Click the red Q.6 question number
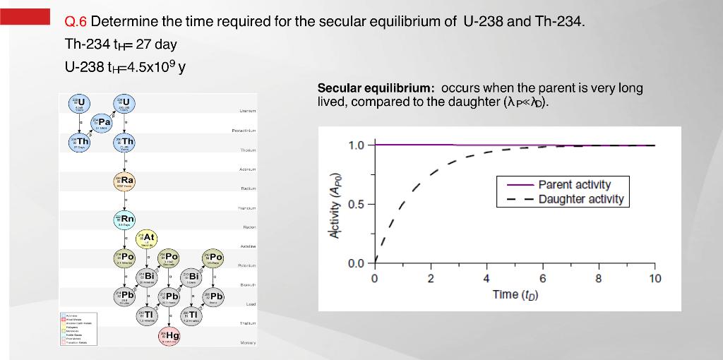pyautogui.click(x=76, y=21)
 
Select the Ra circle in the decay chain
pyautogui.click(x=125, y=181)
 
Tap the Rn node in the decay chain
pyautogui.click(x=125, y=220)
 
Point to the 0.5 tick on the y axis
pyautogui.click(x=357, y=205)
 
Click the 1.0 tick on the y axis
pyautogui.click(x=357, y=145)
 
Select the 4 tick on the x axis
pyautogui.click(x=486, y=278)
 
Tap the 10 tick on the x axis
pyautogui.click(x=654, y=278)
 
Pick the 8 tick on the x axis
pyautogui.click(x=598, y=278)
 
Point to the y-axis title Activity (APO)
pyautogui.click(x=335, y=205)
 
